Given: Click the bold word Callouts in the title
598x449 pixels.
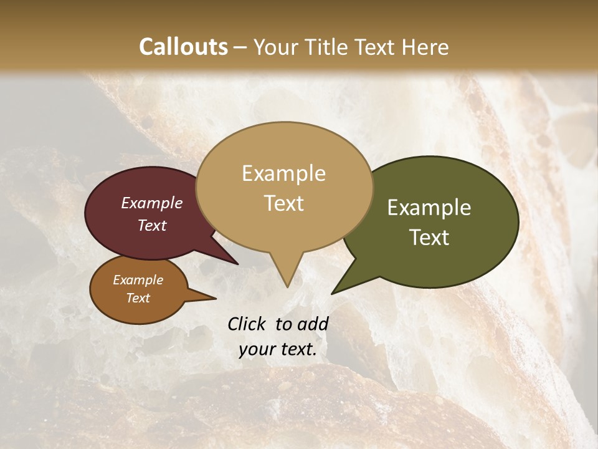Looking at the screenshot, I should [183, 47].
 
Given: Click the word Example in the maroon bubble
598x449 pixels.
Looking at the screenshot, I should [152, 203].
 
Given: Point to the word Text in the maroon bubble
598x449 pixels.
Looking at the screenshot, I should [152, 225].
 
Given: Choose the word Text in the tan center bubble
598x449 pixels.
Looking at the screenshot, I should [284, 203].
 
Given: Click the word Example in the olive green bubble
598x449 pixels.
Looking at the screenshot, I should [429, 208].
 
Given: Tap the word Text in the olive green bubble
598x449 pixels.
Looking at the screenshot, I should [430, 237].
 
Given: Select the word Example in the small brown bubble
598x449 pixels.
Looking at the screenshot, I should [138, 280].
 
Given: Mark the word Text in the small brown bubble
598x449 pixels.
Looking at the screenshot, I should [138, 298].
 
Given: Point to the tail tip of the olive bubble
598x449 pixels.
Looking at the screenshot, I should [333, 292].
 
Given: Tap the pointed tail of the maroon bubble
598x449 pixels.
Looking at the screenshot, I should [237, 263].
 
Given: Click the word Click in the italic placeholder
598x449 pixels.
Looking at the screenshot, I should [248, 324].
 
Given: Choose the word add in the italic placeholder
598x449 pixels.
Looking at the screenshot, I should [313, 324].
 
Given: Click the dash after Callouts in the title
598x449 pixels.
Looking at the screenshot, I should [241, 47].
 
